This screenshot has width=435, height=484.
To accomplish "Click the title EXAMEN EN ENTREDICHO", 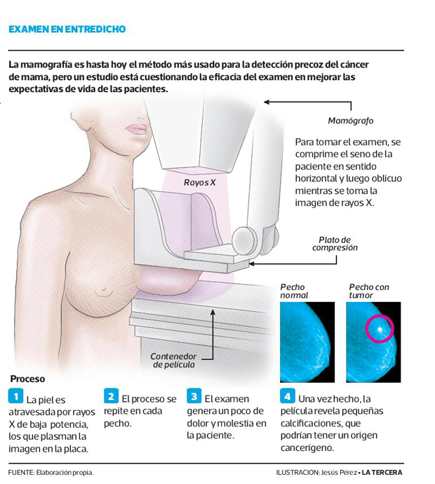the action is (x=67, y=29).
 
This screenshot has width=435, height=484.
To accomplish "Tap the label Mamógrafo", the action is (x=351, y=121).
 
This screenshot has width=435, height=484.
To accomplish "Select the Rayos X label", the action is (x=199, y=183).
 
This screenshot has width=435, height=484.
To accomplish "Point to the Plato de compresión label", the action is (x=335, y=244).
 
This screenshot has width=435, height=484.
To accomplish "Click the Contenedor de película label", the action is (x=173, y=360).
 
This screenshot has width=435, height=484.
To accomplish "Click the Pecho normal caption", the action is (x=294, y=291).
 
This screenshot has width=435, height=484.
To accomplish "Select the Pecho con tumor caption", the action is (x=369, y=291).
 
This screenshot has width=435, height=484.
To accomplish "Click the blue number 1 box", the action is (x=15, y=396).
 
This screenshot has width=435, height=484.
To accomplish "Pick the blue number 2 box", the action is (x=111, y=396).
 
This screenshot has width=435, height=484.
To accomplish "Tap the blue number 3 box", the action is (x=194, y=396).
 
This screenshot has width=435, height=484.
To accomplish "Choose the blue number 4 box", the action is (x=288, y=396).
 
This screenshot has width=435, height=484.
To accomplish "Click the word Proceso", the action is (x=27, y=379).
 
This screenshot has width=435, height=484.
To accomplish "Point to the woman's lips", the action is (x=137, y=129).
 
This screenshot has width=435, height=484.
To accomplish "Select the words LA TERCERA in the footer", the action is (x=382, y=472).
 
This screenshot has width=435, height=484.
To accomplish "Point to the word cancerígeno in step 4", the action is (x=307, y=447).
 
